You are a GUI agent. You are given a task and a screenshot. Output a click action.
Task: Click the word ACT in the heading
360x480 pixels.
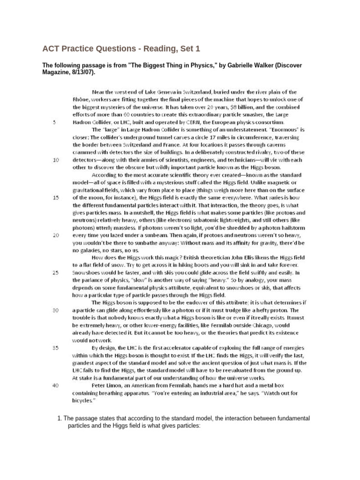click(x=51, y=49)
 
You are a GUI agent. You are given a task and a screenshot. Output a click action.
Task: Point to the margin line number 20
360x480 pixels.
click(x=56, y=234)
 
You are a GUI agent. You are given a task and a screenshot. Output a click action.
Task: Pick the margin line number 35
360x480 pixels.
click(x=56, y=348)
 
